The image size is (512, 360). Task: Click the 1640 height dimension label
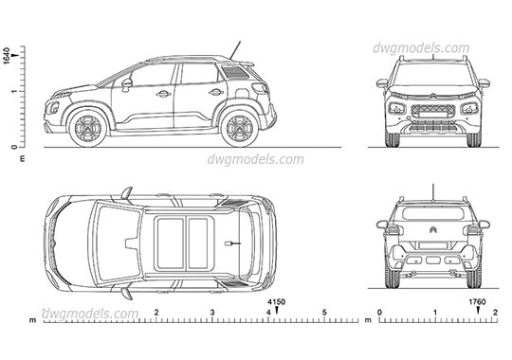point(7,54)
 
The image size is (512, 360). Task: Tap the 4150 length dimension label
point(275,303)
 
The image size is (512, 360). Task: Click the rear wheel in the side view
point(239,127)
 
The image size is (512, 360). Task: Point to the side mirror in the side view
point(126,84)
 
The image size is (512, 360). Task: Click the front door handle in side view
point(163,94)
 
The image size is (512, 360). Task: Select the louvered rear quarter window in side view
point(233,72)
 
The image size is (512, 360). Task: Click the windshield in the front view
point(433,74)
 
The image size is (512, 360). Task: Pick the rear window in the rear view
point(432,212)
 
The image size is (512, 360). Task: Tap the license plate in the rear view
point(433,258)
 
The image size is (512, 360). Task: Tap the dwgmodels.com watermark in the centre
point(255,159)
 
